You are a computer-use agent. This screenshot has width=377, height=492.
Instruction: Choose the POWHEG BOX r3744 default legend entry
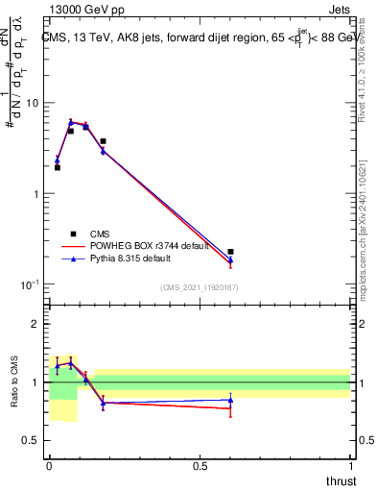(140, 245)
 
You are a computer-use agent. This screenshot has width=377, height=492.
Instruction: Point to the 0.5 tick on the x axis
(200, 465)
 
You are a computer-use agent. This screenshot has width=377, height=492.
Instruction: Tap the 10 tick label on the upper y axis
(32, 103)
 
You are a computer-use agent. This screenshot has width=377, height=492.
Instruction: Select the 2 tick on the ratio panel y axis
(35, 324)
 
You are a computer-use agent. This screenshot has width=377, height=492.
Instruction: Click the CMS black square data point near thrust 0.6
(230, 252)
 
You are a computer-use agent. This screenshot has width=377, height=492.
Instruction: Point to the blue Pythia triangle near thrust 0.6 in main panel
(230, 259)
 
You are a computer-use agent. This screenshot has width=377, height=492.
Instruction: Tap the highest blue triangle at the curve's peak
(71, 122)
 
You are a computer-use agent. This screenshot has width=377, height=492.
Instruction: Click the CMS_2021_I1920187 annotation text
(199, 286)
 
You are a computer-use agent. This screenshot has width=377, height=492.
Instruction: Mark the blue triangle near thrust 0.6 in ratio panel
(230, 400)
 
